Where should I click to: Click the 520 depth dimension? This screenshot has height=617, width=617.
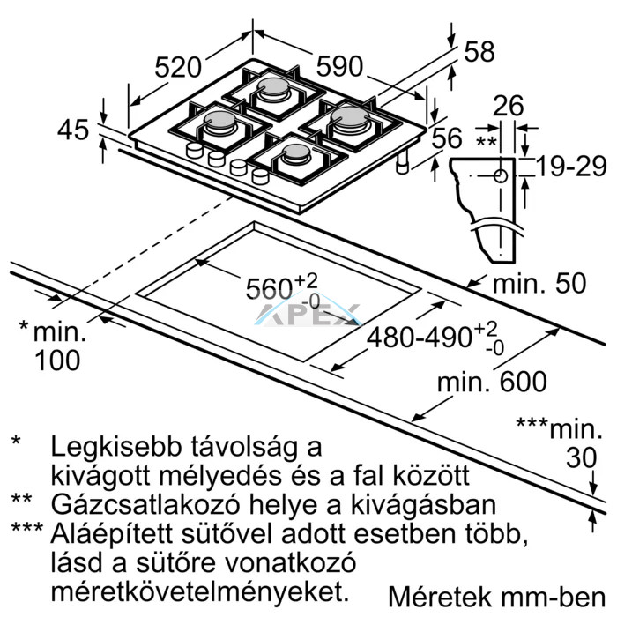[178, 67]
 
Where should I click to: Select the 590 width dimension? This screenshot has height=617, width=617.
[339, 66]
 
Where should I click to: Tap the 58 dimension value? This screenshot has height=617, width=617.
[479, 51]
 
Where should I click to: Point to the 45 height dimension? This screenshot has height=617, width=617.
[73, 130]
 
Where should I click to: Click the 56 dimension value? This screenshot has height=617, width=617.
[447, 138]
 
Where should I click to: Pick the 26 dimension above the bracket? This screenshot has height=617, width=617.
[508, 106]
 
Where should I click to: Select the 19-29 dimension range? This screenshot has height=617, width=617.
[571, 167]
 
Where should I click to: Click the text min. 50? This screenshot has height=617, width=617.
[539, 283]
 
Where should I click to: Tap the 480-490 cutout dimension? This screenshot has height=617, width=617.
[419, 338]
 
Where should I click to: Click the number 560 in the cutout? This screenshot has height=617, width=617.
[269, 289]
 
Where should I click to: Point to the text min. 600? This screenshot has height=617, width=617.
[492, 382]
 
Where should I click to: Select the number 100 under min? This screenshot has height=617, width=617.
[57, 361]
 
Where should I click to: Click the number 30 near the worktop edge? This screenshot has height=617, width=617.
[582, 457]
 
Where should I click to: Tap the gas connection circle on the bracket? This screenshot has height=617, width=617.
[500, 176]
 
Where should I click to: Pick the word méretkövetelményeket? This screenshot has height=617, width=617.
[200, 591]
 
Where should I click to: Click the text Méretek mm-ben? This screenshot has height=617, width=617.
[497, 597]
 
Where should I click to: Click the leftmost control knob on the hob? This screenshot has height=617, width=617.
[195, 151]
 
